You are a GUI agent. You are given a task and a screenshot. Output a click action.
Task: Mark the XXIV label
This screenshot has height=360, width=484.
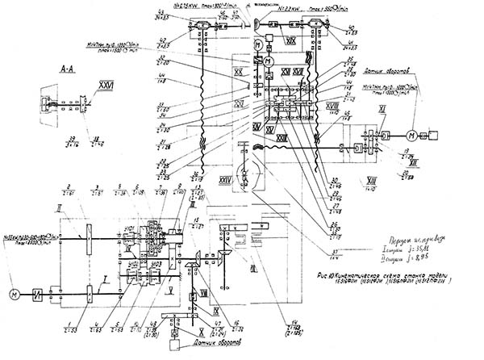226,179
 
